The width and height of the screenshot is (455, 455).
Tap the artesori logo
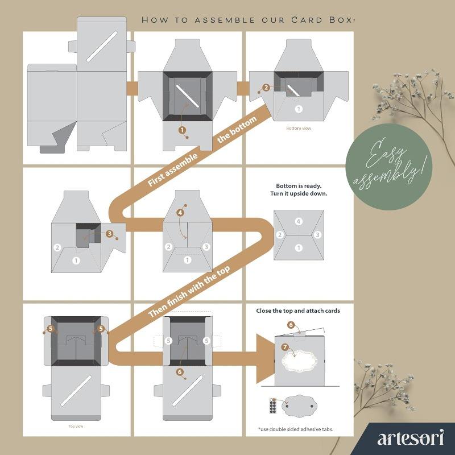pos(410,437)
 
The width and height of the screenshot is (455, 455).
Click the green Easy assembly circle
pos(389,167)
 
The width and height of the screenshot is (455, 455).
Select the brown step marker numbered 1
pos(182,130)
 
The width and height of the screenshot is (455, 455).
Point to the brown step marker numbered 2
pos(266,88)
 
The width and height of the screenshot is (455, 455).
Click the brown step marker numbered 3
pos(109,234)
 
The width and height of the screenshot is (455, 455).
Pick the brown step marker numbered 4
pos(180,213)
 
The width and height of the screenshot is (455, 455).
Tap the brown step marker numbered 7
pos(285,347)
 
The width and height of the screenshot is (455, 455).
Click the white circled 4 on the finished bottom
pos(298,222)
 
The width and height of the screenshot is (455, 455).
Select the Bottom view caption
pos(299,128)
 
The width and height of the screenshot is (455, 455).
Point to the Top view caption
pos(76,426)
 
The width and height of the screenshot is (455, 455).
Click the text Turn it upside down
pos(299,193)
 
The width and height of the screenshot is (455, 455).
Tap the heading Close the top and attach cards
pos(298,311)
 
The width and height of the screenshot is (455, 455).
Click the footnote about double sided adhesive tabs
pos(295,429)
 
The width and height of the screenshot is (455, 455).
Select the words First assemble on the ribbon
pos(173,170)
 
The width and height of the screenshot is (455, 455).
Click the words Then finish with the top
pos(189,291)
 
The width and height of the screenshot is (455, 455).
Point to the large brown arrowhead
pos(266,359)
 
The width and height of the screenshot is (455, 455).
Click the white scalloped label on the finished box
pos(300,361)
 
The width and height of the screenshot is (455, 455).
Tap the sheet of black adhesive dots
pos(273,406)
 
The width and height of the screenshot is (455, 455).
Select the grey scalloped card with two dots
pos(299,406)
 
